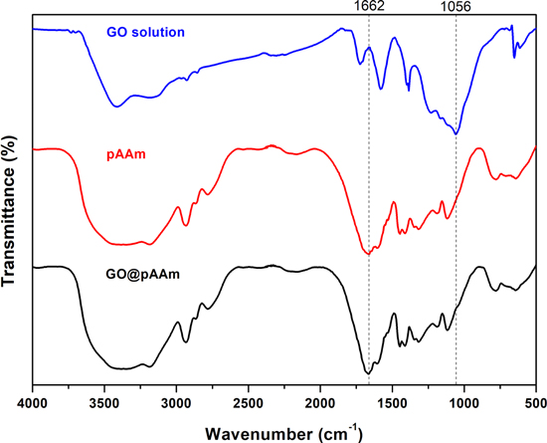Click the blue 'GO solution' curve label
[146, 33]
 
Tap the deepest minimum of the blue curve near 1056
[456, 132]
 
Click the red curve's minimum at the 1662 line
[369, 253]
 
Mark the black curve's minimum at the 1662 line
[369, 372]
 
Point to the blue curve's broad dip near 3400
[117, 106]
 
